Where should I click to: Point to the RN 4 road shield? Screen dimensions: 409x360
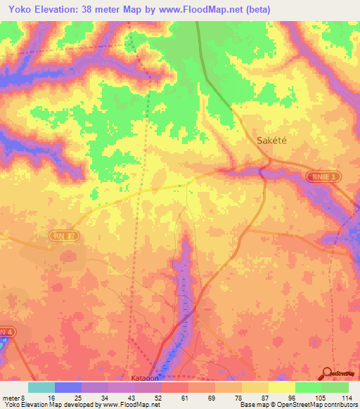click(6, 332)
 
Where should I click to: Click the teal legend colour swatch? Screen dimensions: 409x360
click(41, 387)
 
